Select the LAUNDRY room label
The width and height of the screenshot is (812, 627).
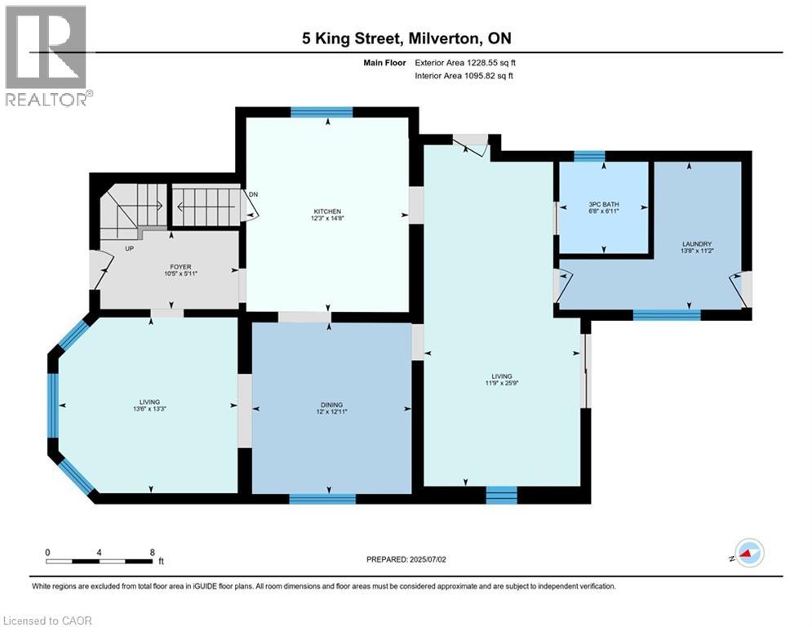(x=697, y=244)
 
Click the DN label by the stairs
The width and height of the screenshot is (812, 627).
(x=253, y=194)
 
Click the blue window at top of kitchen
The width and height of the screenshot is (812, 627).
(x=321, y=113)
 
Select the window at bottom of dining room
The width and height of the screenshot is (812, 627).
(x=322, y=498)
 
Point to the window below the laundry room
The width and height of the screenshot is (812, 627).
(x=666, y=314)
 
